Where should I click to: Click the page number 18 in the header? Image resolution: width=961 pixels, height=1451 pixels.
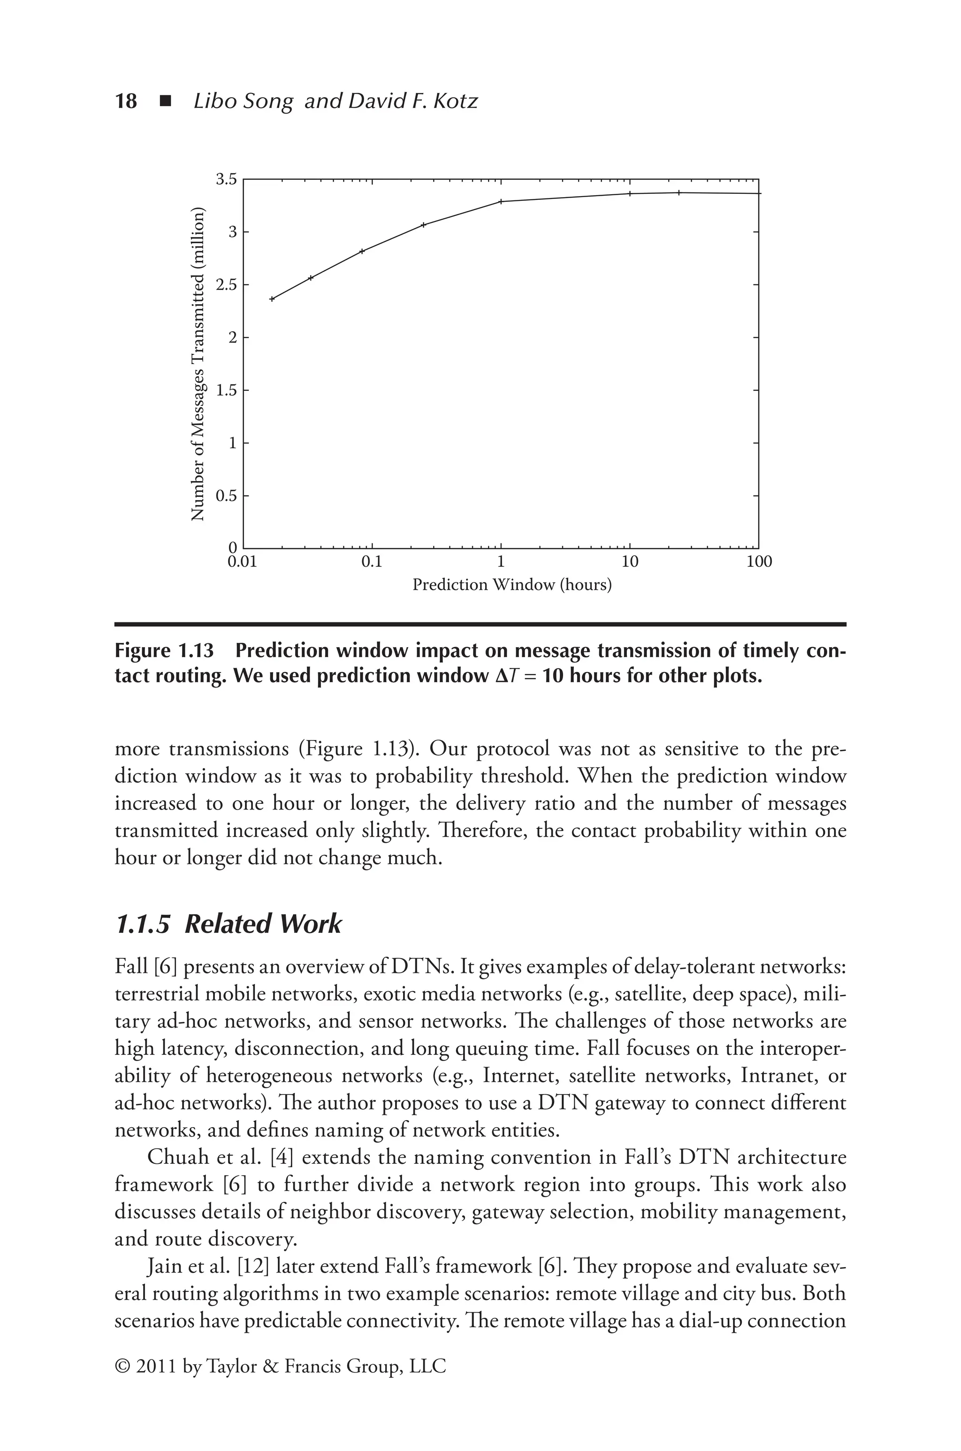[x=126, y=101]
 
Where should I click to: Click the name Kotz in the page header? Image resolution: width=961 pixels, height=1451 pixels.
[x=455, y=101]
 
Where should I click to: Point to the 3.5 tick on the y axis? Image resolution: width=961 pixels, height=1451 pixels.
[x=226, y=180]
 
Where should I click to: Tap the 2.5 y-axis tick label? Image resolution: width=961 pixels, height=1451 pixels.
[x=226, y=285]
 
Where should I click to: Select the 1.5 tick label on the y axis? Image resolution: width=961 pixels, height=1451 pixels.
[x=226, y=390]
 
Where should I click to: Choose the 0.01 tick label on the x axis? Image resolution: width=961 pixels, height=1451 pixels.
[x=243, y=562]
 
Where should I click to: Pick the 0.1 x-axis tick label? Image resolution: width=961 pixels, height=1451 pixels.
[x=372, y=562]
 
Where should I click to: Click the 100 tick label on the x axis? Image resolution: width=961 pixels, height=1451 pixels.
[x=759, y=562]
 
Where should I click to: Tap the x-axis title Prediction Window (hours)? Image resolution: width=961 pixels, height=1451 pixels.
[x=512, y=585]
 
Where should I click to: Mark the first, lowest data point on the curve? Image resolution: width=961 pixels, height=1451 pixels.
[x=272, y=299]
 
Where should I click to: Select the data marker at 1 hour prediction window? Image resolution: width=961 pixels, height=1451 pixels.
[x=501, y=202]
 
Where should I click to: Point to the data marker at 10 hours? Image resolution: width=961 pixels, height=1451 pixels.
[x=630, y=194]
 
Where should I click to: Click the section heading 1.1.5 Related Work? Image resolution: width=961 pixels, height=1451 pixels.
[x=228, y=924]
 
